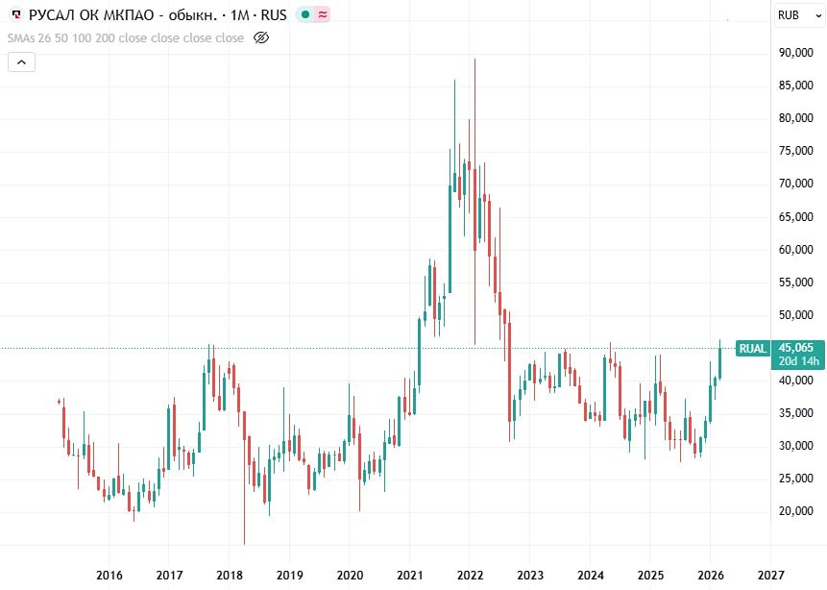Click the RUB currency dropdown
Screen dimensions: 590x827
click(x=797, y=14)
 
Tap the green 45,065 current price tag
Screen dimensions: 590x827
click(x=795, y=348)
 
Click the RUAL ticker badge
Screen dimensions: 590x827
click(x=752, y=348)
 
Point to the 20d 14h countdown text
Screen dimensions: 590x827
click(x=795, y=361)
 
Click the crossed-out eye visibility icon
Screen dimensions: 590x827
click(x=261, y=37)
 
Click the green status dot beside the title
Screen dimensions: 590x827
click(x=304, y=14)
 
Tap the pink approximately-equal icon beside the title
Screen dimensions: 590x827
click(x=322, y=14)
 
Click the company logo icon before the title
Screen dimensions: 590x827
click(x=15, y=14)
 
